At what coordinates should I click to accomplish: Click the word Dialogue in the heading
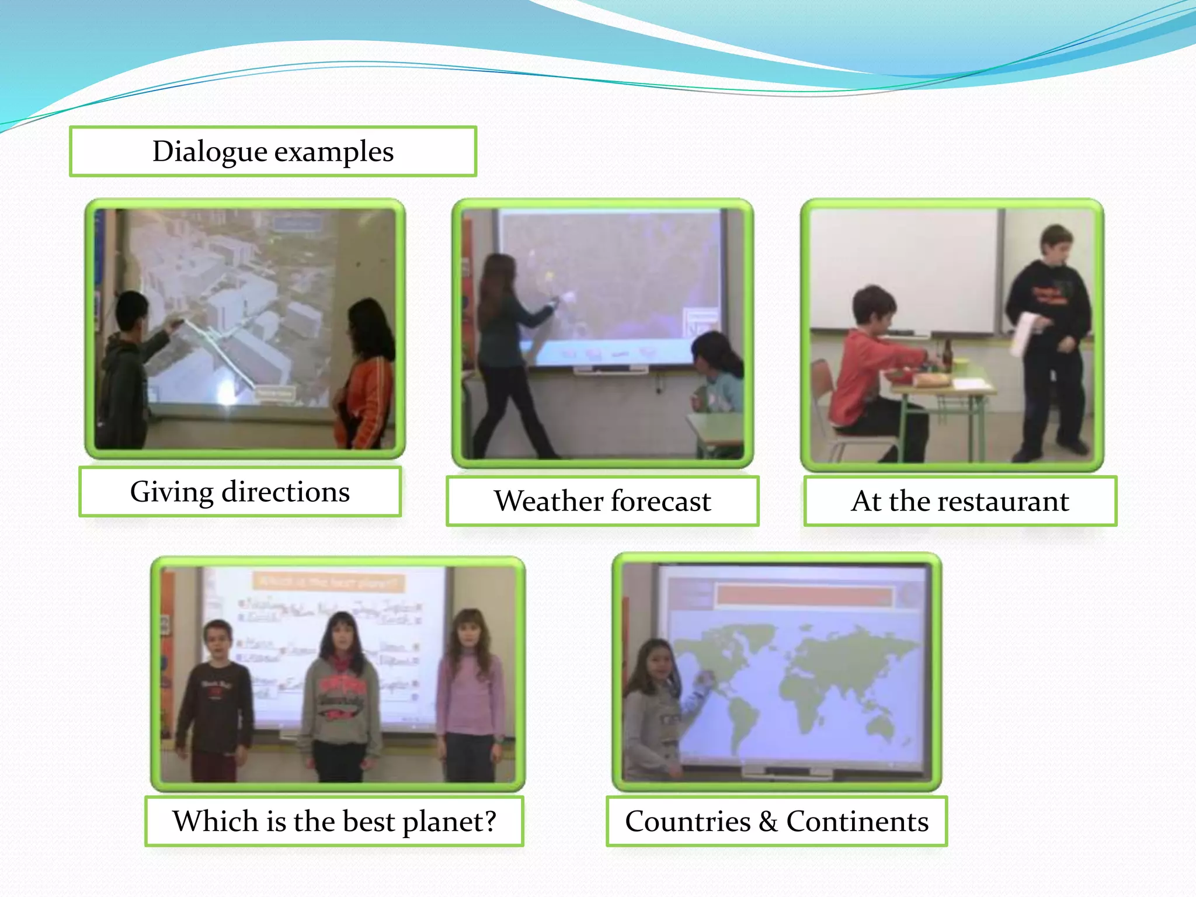(x=210, y=152)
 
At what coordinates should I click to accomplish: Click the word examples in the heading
(x=334, y=152)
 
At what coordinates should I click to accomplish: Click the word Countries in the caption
(x=688, y=821)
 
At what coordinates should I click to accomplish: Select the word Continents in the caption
(x=857, y=821)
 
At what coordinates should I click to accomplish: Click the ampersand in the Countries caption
(x=768, y=822)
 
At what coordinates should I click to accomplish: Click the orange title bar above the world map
(x=804, y=596)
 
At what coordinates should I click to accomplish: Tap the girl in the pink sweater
(x=470, y=689)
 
